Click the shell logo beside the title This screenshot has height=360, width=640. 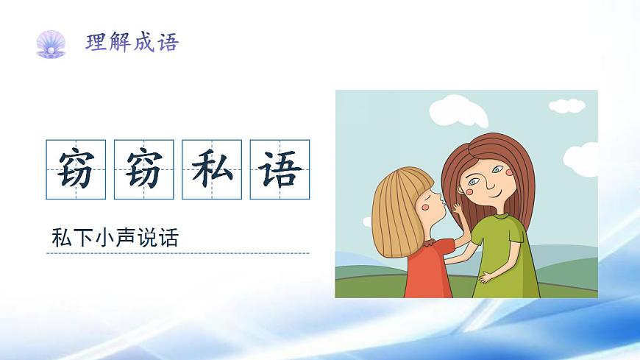51,43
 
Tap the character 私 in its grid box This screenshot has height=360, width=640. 212,169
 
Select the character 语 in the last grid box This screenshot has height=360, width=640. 280,169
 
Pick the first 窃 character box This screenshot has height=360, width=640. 76,169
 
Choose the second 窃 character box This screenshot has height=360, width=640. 143,169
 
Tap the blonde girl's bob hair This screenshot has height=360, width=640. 397,206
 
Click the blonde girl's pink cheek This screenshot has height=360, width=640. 424,208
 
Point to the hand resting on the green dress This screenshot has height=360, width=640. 487,278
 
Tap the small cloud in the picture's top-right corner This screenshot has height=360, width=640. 567,106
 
